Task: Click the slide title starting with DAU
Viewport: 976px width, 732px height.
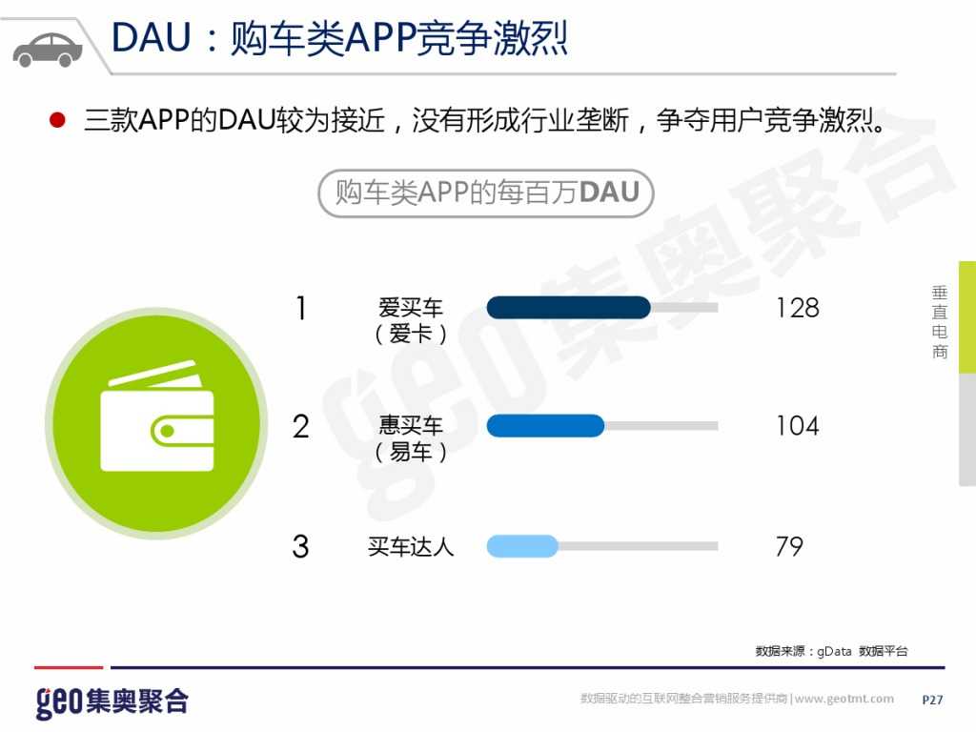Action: tap(339, 37)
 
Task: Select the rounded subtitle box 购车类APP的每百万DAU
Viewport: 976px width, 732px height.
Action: tap(486, 193)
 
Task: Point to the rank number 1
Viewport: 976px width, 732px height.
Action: tap(301, 309)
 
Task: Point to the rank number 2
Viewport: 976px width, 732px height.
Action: tap(301, 426)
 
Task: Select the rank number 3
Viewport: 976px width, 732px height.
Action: tap(301, 547)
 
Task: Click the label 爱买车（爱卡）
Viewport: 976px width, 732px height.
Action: tap(411, 320)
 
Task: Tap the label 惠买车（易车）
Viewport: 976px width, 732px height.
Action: tap(411, 438)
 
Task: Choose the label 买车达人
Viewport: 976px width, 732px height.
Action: tap(411, 547)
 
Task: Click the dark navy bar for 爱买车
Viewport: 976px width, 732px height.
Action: tap(568, 307)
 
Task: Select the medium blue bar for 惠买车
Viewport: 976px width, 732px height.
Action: tap(545, 425)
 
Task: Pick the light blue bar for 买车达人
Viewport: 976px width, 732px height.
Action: tap(522, 546)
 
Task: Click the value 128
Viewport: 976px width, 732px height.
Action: tap(797, 308)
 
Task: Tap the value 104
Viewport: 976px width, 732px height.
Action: tap(797, 426)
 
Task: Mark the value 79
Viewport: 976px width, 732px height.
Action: tap(789, 547)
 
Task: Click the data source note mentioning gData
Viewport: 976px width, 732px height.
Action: tap(831, 651)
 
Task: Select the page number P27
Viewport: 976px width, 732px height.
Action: tap(932, 700)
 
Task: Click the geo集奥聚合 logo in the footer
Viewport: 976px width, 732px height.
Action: tap(112, 701)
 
